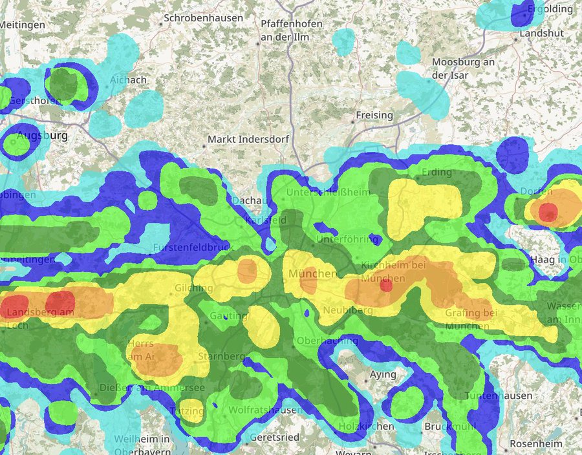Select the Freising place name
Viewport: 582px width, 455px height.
pyautogui.click(x=374, y=115)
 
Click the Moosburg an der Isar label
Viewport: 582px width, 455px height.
pyautogui.click(x=462, y=69)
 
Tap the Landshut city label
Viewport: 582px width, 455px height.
pyautogui.click(x=541, y=33)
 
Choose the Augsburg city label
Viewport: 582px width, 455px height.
pyautogui.click(x=42, y=136)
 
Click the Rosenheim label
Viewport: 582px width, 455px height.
pyautogui.click(x=537, y=444)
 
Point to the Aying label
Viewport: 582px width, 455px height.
pyautogui.click(x=383, y=374)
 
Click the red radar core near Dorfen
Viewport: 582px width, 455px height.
pyautogui.click(x=548, y=211)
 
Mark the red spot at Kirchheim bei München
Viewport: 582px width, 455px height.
pyautogui.click(x=386, y=285)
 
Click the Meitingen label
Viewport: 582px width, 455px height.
pyautogui.click(x=23, y=25)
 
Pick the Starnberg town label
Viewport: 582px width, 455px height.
pyautogui.click(x=221, y=356)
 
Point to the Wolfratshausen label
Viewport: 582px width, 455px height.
pyautogui.click(x=266, y=410)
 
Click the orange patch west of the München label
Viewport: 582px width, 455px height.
pyautogui.click(x=248, y=271)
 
